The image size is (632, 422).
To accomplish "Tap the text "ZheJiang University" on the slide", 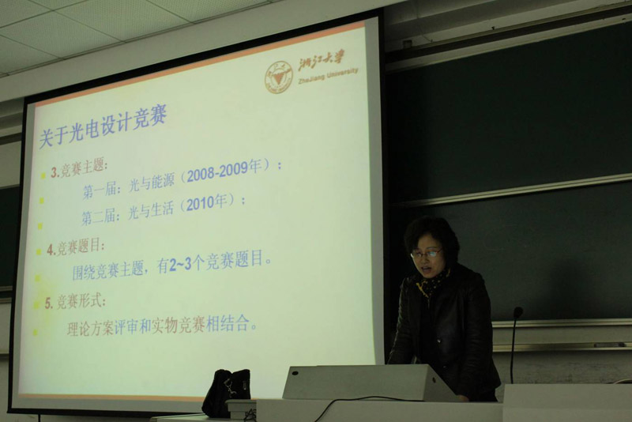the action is click(328, 75).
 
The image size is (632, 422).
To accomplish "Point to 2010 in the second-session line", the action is click(200, 205).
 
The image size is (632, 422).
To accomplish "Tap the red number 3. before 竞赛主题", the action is click(55, 172).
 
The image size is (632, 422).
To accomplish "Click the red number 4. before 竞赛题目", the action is click(51, 250).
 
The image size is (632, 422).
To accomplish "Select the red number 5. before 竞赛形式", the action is click(49, 303).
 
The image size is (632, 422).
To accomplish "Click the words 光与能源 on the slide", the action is click(152, 183).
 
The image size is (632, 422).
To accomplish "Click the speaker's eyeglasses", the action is click(426, 253).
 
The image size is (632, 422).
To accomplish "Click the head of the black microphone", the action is click(517, 312).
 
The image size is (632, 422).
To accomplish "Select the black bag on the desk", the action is click(226, 392).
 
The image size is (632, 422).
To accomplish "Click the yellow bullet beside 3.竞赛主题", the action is click(43, 175).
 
